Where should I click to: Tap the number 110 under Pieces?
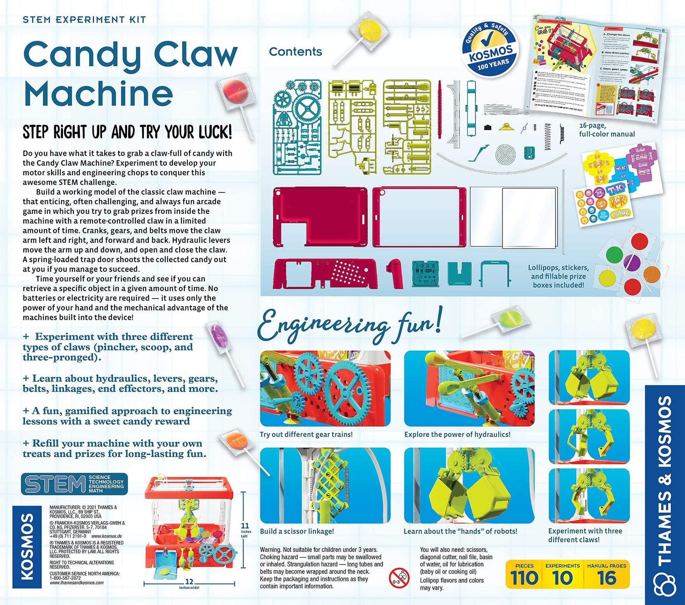[x=524, y=578]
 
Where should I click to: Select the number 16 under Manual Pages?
[x=607, y=578]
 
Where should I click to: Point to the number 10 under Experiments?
[x=563, y=578]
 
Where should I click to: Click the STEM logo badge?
[x=74, y=484]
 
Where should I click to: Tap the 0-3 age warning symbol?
[x=399, y=578]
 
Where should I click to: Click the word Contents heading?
[x=295, y=52]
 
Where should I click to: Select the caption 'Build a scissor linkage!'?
[x=297, y=531]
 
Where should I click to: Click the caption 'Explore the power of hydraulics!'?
[x=457, y=434]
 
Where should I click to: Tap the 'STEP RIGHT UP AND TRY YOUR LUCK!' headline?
[x=127, y=132]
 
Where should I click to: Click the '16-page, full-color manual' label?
[x=607, y=130]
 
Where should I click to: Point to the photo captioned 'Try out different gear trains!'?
[x=325, y=389]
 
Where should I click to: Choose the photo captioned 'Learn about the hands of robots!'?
[x=469, y=485]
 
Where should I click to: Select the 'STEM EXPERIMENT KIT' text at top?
[x=84, y=20]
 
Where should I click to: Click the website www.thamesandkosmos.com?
[x=76, y=582]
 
